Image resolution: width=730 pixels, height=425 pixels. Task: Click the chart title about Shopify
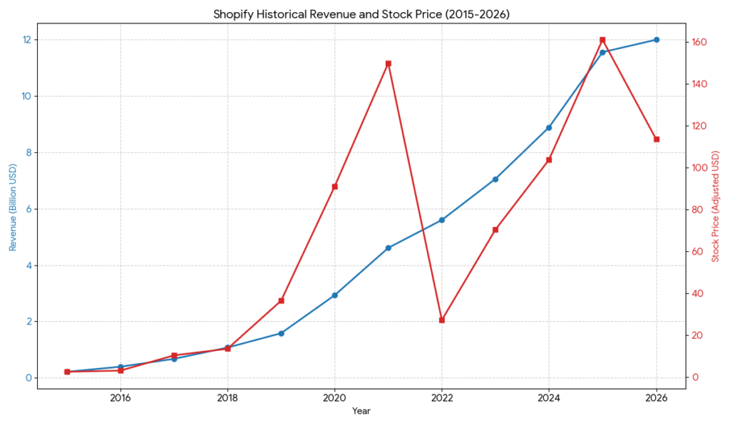click(x=362, y=14)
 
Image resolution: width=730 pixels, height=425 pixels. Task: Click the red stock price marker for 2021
click(x=389, y=63)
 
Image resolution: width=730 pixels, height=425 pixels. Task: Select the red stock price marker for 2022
click(x=442, y=320)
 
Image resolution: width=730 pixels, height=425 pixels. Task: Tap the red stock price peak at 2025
click(x=602, y=40)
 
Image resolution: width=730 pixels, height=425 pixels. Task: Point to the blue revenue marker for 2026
click(x=657, y=40)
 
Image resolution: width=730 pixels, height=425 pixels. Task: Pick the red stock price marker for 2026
click(x=657, y=139)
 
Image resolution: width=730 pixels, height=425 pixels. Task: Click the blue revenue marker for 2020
click(x=335, y=295)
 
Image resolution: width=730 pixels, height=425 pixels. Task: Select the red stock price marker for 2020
click(x=335, y=187)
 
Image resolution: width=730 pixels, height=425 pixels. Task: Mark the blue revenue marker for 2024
click(x=549, y=127)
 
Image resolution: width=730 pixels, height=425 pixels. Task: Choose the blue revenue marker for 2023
click(x=495, y=179)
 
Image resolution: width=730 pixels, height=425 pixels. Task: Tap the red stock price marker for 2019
click(x=282, y=300)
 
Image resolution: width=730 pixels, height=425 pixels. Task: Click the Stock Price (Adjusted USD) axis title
click(x=716, y=206)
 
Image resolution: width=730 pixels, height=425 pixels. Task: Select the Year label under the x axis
click(x=361, y=411)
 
